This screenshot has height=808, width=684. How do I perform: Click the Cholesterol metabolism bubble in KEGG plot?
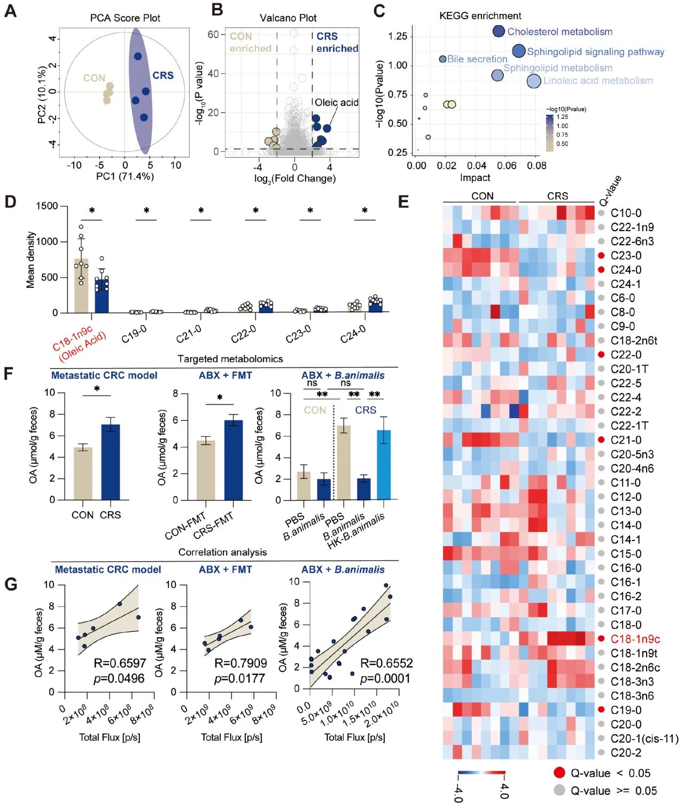499,32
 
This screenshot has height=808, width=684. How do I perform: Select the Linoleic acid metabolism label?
598,81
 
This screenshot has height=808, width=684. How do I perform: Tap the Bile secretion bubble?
442,59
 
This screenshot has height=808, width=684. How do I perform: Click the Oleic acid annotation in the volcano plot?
336,103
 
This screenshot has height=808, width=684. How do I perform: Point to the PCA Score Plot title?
125,18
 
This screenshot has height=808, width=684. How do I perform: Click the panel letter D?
10,202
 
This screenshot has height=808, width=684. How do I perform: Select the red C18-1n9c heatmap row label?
635,639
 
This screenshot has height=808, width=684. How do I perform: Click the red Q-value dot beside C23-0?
601,256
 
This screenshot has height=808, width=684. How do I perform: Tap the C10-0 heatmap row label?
626,213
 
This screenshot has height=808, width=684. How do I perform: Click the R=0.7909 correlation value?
240,663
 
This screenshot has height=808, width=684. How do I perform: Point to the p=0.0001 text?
385,678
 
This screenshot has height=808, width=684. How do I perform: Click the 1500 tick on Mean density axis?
47,206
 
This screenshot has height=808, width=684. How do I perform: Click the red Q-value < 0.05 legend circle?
559,773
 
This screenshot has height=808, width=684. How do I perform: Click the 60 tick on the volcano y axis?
213,35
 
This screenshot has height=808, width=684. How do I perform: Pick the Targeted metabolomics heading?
230,359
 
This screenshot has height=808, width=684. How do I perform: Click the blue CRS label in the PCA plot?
163,75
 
